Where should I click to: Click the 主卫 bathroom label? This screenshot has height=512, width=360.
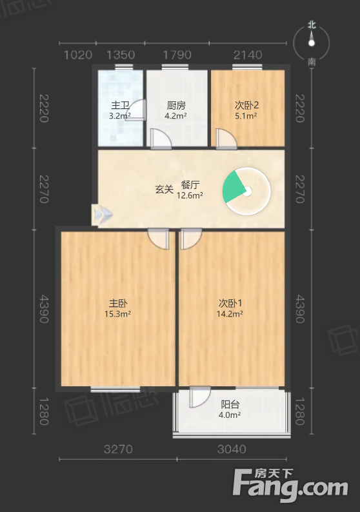(x=120, y=105)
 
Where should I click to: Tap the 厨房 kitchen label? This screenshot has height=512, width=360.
(x=176, y=105)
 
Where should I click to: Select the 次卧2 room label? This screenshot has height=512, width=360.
(x=246, y=105)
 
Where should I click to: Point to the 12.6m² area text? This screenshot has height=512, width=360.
(x=190, y=195)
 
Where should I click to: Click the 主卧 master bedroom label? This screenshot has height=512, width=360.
(x=118, y=303)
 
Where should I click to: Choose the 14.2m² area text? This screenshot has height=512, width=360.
(x=230, y=314)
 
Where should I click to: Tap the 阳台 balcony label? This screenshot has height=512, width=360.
(x=230, y=404)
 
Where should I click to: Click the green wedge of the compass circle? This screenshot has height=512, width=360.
(x=233, y=187)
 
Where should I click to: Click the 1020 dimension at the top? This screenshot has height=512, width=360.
(x=78, y=55)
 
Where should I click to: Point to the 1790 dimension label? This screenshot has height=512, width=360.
(x=177, y=55)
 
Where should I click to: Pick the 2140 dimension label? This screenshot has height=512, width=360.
(x=248, y=55)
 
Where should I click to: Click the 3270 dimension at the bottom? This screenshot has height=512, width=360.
(x=118, y=449)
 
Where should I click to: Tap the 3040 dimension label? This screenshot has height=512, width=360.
(x=232, y=449)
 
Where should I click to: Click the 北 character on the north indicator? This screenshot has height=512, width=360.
(x=312, y=25)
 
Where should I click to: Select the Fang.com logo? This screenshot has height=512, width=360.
(x=290, y=485)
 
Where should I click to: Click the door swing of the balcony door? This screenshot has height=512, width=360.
(x=200, y=397)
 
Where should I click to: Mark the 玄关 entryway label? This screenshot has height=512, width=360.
(x=164, y=189)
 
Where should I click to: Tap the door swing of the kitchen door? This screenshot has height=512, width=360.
(x=161, y=139)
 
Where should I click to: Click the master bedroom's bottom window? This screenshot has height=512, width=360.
(x=115, y=389)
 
